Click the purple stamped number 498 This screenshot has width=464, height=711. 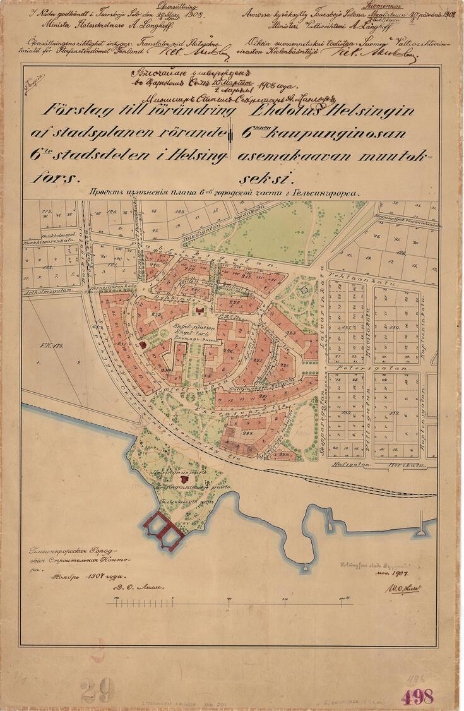[417, 696]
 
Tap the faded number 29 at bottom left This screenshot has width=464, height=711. [98, 690]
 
